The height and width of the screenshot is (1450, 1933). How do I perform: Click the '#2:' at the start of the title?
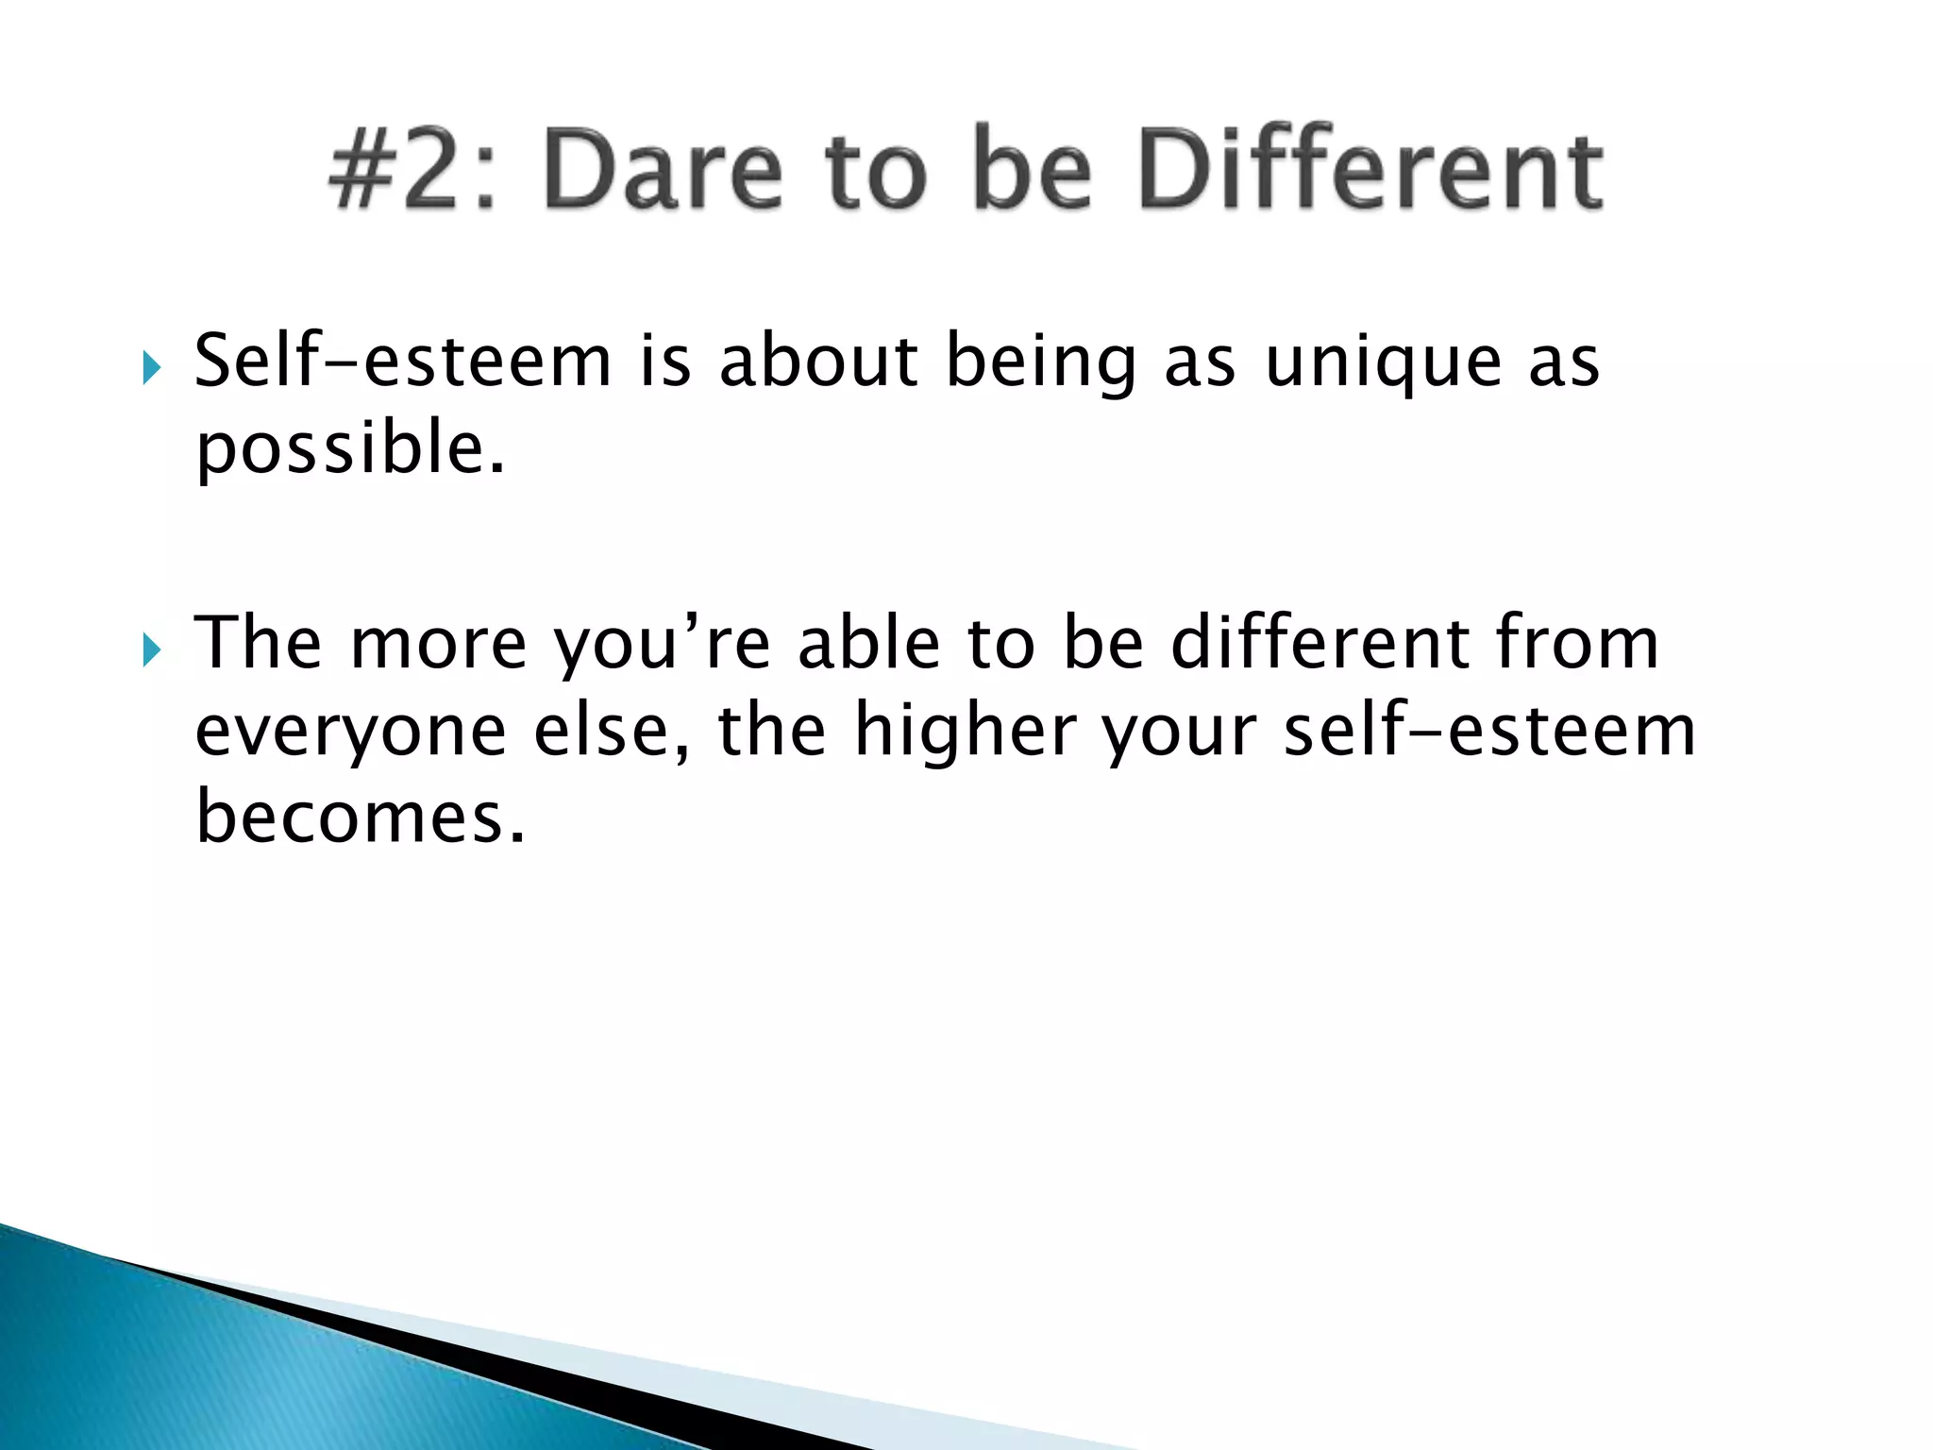[x=412, y=171]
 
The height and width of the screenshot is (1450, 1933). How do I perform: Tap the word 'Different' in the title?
[x=1370, y=171]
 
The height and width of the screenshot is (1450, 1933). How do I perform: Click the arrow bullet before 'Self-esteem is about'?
[x=151, y=366]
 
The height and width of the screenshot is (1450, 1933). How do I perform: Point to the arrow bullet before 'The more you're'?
[x=151, y=649]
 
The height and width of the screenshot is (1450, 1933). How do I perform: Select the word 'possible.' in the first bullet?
[x=350, y=449]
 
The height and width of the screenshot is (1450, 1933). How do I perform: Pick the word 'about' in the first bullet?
[x=818, y=362]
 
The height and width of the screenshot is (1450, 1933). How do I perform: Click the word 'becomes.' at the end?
[x=360, y=817]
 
